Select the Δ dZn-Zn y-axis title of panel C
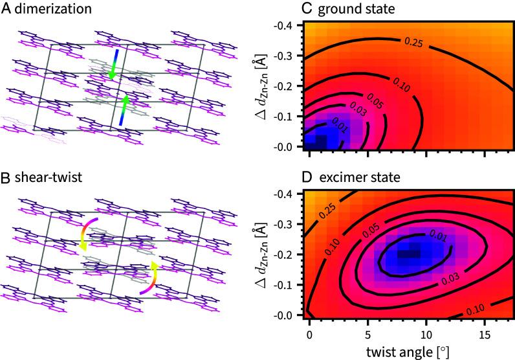click(263, 82)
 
